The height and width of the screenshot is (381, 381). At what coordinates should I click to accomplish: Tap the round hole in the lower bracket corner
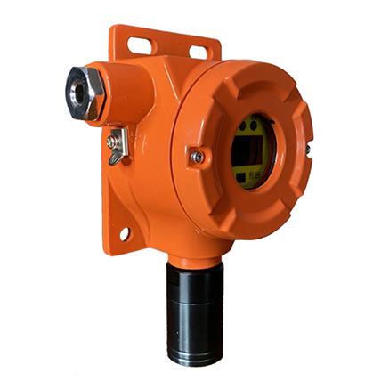(125, 234)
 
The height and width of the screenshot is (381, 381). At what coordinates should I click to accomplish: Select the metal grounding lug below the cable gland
(116, 144)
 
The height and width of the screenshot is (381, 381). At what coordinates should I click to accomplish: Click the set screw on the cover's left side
(197, 157)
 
